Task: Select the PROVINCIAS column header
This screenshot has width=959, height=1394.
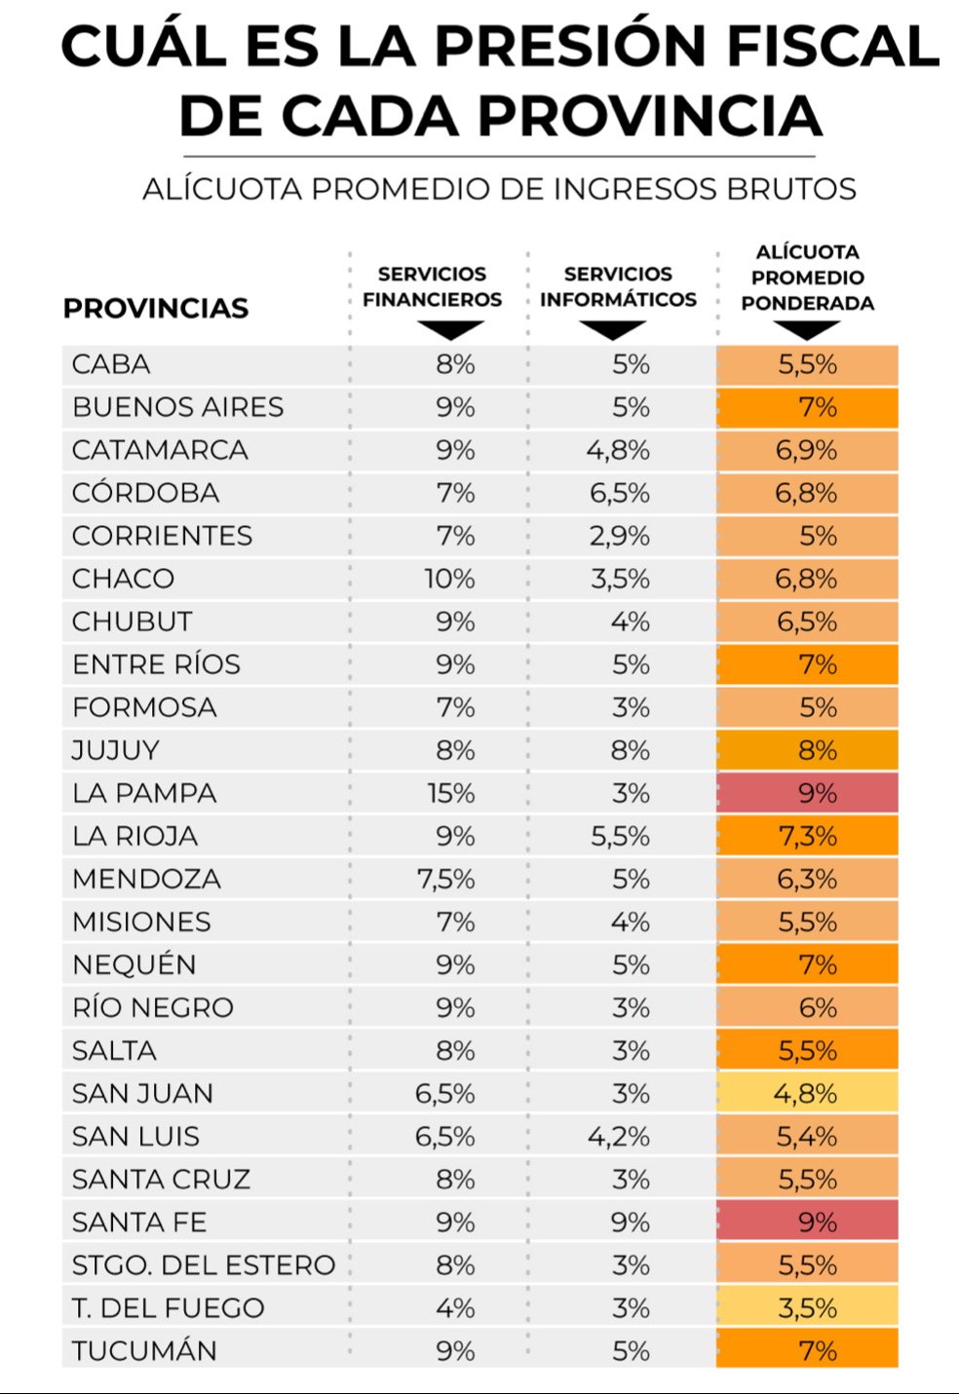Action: point(156,309)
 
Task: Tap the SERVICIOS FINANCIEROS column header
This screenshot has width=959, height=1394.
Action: point(432,286)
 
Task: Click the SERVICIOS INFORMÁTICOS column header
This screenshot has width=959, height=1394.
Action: point(618,286)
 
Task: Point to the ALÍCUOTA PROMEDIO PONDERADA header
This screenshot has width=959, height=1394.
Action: point(807,278)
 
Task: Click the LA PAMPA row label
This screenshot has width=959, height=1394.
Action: point(144,793)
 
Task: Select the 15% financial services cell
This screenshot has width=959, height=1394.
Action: point(450,793)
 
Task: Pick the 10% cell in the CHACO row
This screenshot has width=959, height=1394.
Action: point(449,579)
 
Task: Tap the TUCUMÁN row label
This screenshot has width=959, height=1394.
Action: point(144,1351)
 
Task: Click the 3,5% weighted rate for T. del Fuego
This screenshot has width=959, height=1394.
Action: point(807,1308)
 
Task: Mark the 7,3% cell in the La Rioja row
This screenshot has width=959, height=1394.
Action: point(807,836)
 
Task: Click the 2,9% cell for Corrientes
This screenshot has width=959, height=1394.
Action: point(620,536)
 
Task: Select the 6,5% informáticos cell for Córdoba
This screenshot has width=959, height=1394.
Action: point(620,493)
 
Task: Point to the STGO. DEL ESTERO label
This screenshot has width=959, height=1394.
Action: point(204,1265)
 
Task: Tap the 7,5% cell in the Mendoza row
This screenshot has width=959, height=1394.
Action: point(445,879)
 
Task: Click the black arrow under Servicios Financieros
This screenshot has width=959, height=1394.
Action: point(447,330)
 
